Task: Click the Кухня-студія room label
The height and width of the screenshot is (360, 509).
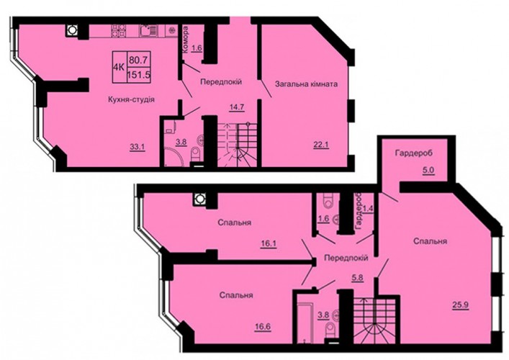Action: (131, 99)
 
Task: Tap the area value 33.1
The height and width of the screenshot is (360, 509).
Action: (137, 147)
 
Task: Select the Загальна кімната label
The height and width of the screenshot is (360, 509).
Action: (306, 84)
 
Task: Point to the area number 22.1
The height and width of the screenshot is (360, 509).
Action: (321, 145)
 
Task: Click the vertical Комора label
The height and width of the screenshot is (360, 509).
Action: (185, 40)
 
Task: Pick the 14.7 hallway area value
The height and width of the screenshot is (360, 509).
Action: (237, 107)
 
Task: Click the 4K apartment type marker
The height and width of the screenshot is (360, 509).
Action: (119, 67)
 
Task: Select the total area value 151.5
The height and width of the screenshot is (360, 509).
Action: (139, 75)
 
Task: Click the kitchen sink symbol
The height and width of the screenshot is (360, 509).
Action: (149, 31)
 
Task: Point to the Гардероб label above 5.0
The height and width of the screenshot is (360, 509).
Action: (413, 153)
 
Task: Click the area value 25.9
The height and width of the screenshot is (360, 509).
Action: (461, 305)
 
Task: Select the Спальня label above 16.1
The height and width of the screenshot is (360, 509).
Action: (235, 222)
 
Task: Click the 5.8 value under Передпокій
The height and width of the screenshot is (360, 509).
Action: (357, 277)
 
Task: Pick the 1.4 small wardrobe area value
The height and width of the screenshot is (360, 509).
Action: (367, 208)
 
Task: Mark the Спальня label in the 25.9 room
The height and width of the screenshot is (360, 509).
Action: (430, 241)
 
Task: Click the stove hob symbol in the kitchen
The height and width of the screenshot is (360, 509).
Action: (119, 30)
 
